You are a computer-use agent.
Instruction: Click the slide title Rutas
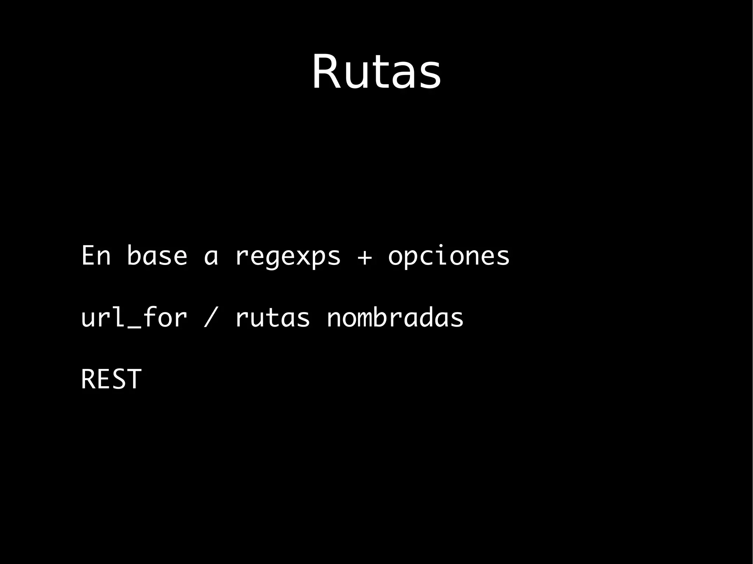pos(376,72)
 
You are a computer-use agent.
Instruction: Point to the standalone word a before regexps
pos(211,256)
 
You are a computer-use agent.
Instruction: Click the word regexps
pos(288,256)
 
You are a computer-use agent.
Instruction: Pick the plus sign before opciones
pos(365,256)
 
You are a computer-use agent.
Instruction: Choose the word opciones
pos(449,256)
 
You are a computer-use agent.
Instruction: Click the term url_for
pos(134,317)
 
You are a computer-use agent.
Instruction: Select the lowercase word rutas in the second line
pos(272,317)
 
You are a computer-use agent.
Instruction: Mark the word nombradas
pos(395,317)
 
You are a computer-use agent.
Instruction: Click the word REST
pos(111,379)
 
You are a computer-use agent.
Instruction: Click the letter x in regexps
pos(303,256)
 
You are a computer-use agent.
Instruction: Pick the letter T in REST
pos(134,379)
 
